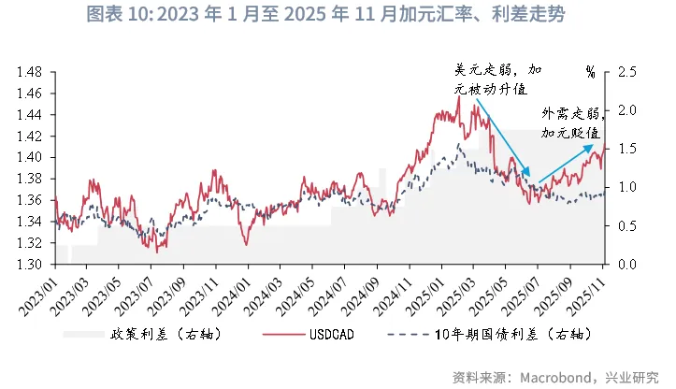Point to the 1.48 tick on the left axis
(x=34, y=72)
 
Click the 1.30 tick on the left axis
(x=34, y=265)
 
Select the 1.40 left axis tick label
(x=34, y=157)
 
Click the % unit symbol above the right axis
(x=590, y=71)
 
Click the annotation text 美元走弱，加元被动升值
(x=498, y=79)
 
